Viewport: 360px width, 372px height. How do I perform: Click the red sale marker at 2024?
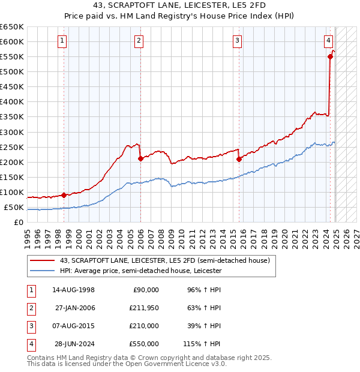(x=330, y=56)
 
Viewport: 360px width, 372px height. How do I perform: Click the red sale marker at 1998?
(x=64, y=195)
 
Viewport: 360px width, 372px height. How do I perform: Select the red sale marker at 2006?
(x=140, y=158)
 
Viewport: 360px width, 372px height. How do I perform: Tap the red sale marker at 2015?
(x=239, y=159)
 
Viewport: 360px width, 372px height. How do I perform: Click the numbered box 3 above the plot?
(x=238, y=41)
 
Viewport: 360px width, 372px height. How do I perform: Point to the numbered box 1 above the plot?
(x=63, y=41)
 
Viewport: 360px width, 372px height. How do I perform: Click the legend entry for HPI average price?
(x=141, y=271)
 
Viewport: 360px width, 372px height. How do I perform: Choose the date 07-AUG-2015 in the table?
(x=73, y=326)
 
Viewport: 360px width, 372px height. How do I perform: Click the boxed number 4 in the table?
(x=30, y=344)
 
